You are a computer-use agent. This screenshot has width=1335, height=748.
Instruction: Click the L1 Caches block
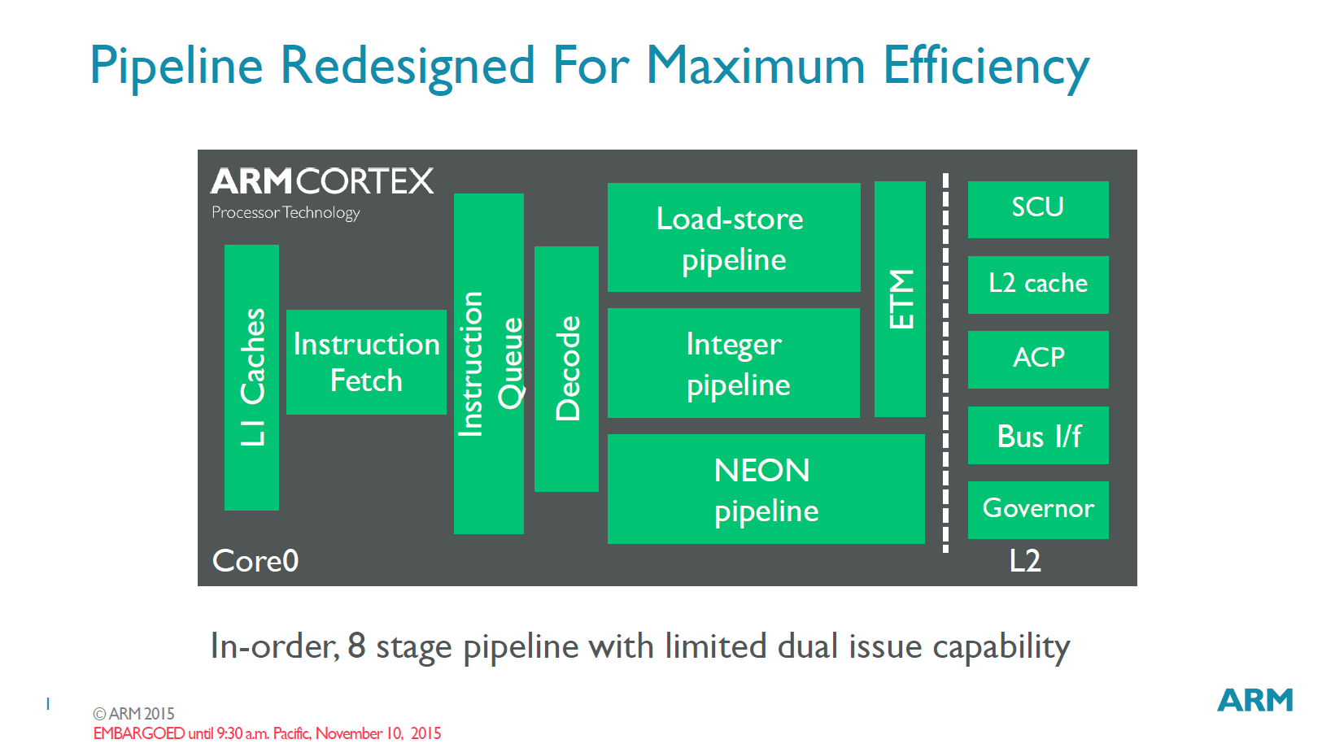[251, 377]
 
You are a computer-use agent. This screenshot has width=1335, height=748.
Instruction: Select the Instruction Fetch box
[366, 362]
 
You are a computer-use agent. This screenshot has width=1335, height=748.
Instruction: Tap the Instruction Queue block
[488, 363]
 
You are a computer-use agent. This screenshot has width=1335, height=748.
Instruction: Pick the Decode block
[566, 368]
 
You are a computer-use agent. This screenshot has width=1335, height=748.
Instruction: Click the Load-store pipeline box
[733, 237]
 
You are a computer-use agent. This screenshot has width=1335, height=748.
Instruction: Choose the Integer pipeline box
[733, 363]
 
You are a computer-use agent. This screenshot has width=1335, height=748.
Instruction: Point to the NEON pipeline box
[766, 489]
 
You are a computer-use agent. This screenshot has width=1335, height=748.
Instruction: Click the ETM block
[900, 298]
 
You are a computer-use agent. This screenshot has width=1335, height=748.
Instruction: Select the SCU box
[1037, 209]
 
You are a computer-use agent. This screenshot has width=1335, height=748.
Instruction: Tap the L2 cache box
[1037, 285]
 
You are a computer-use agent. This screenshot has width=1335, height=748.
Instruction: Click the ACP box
[1037, 359]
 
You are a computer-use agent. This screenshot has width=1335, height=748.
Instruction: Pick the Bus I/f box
[1037, 435]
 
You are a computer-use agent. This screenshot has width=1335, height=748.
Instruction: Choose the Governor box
[1037, 509]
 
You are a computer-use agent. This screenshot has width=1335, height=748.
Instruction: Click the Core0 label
[255, 561]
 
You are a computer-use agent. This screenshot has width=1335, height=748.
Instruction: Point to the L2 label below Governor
[1024, 561]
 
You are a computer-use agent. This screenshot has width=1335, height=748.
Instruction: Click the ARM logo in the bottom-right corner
[1254, 700]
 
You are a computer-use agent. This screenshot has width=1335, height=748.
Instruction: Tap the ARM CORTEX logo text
[322, 181]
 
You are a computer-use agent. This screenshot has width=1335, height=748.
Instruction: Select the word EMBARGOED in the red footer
[139, 733]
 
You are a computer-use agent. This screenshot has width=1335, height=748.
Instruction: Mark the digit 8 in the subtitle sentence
[356, 646]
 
